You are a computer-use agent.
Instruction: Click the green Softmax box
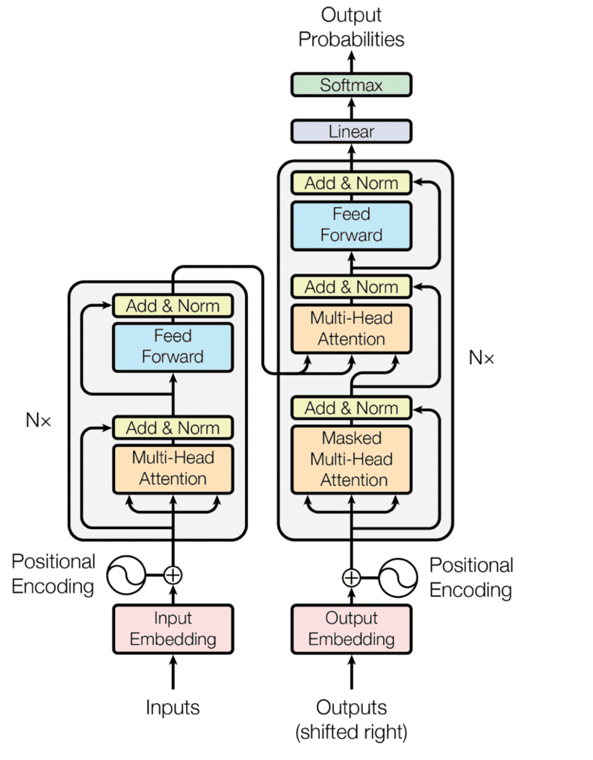coord(350,85)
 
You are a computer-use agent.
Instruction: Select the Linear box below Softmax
coord(350,132)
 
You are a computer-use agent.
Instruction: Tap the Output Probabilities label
coord(351,27)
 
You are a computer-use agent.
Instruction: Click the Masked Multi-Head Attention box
coord(351,459)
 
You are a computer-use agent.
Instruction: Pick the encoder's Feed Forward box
coord(173,346)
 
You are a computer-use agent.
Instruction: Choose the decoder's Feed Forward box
coord(351,225)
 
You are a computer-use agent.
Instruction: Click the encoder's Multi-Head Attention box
coord(173,469)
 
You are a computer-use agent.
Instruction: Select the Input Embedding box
coord(173,628)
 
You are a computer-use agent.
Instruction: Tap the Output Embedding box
coord(351,628)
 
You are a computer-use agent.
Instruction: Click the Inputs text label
coord(173,707)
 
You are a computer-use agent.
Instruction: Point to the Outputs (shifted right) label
coord(351,719)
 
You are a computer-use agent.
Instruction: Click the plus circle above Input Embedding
coord(173,575)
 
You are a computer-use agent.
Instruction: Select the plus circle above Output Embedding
coord(351,577)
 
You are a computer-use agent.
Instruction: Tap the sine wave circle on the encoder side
coord(125,575)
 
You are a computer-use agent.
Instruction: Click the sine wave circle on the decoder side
coord(398,577)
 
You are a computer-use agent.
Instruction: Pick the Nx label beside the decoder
coord(481,357)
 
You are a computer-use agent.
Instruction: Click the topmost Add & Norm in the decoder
coord(351,183)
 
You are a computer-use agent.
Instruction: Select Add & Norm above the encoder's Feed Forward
coord(173,306)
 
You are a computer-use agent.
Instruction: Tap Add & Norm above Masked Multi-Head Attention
coord(351,408)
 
